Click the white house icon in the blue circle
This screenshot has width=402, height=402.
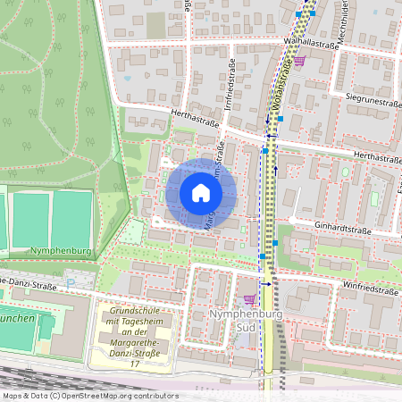201,193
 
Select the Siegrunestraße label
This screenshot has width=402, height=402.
368,103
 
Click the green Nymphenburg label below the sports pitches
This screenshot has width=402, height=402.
55,253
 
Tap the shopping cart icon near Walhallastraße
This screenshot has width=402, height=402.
300,61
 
